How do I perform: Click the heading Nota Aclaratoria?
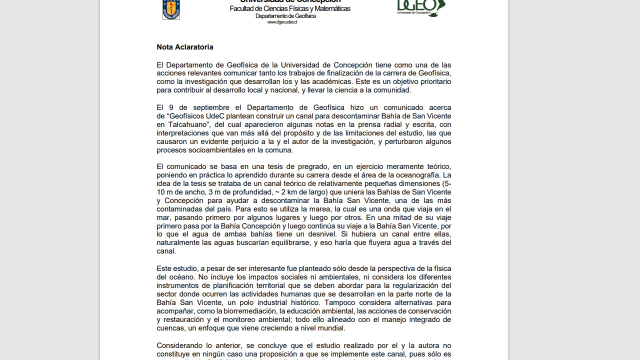(185, 47)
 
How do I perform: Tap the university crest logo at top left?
(171, 9)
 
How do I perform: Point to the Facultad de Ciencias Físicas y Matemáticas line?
(290, 9)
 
